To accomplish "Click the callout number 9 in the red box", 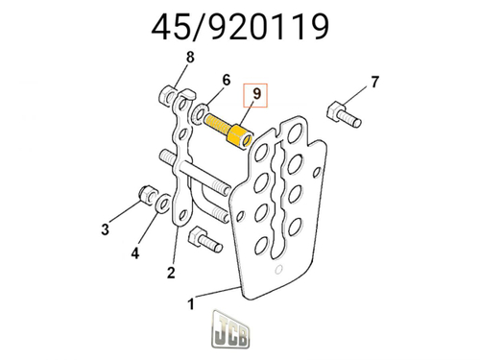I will pos(256,93).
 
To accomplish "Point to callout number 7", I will pos(374,80).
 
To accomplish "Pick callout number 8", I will pos(190,58).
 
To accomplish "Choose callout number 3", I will pos(106,229).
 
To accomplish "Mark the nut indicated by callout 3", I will pos(149,196).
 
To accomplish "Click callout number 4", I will pos(135,253).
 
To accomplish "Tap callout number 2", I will pos(171,273).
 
